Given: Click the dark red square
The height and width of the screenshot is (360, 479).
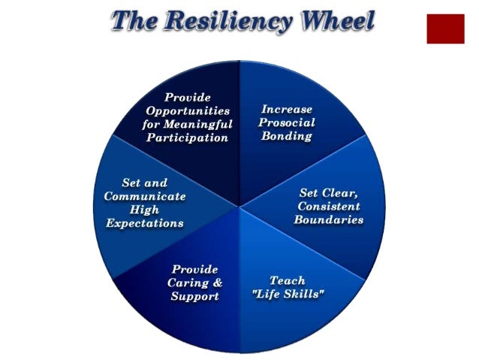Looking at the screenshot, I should [x=445, y=29].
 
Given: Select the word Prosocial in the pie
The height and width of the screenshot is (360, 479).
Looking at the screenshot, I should [x=287, y=123].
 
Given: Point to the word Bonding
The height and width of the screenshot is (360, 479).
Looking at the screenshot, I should [x=287, y=136].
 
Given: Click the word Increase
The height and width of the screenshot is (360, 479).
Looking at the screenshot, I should [x=287, y=109].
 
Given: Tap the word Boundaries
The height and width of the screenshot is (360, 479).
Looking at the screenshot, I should [x=329, y=219].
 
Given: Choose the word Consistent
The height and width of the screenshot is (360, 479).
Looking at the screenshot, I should [x=329, y=206].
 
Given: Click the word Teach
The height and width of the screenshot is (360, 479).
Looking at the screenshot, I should [x=287, y=280].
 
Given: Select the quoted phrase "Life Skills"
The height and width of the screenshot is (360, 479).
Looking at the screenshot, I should [x=288, y=294].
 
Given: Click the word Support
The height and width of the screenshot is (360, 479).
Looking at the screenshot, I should [x=194, y=296].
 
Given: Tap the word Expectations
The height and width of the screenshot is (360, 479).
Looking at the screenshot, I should [x=144, y=223].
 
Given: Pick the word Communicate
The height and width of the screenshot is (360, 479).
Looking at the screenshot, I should [x=144, y=196].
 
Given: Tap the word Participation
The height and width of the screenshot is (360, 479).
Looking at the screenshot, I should [x=187, y=138].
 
